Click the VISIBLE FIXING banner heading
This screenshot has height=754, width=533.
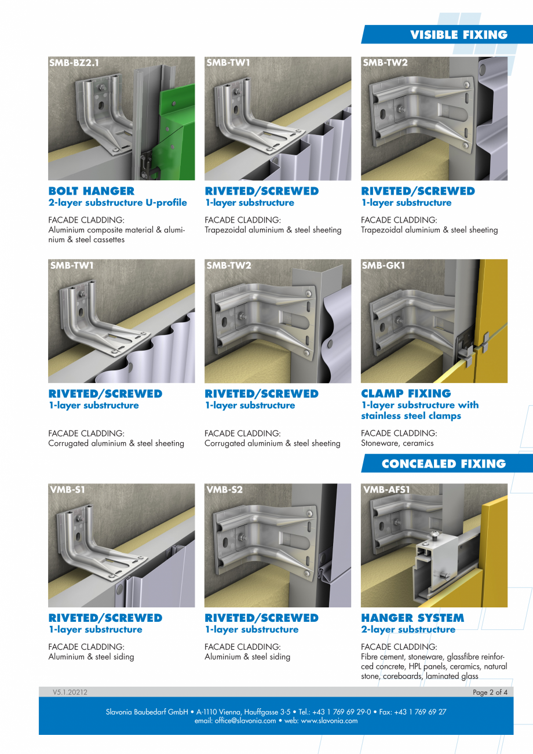[458, 35]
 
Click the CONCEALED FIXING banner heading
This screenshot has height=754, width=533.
[443, 464]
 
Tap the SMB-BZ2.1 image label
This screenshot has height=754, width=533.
[75, 63]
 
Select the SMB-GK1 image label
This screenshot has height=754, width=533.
[384, 265]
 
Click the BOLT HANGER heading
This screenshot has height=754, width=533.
[91, 191]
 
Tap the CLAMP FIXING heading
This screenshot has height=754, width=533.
[406, 394]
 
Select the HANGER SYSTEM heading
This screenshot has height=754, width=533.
[412, 618]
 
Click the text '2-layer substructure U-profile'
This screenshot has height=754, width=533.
[118, 203]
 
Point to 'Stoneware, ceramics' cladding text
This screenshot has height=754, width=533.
[397, 443]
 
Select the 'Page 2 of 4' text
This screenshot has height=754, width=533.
[490, 692]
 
